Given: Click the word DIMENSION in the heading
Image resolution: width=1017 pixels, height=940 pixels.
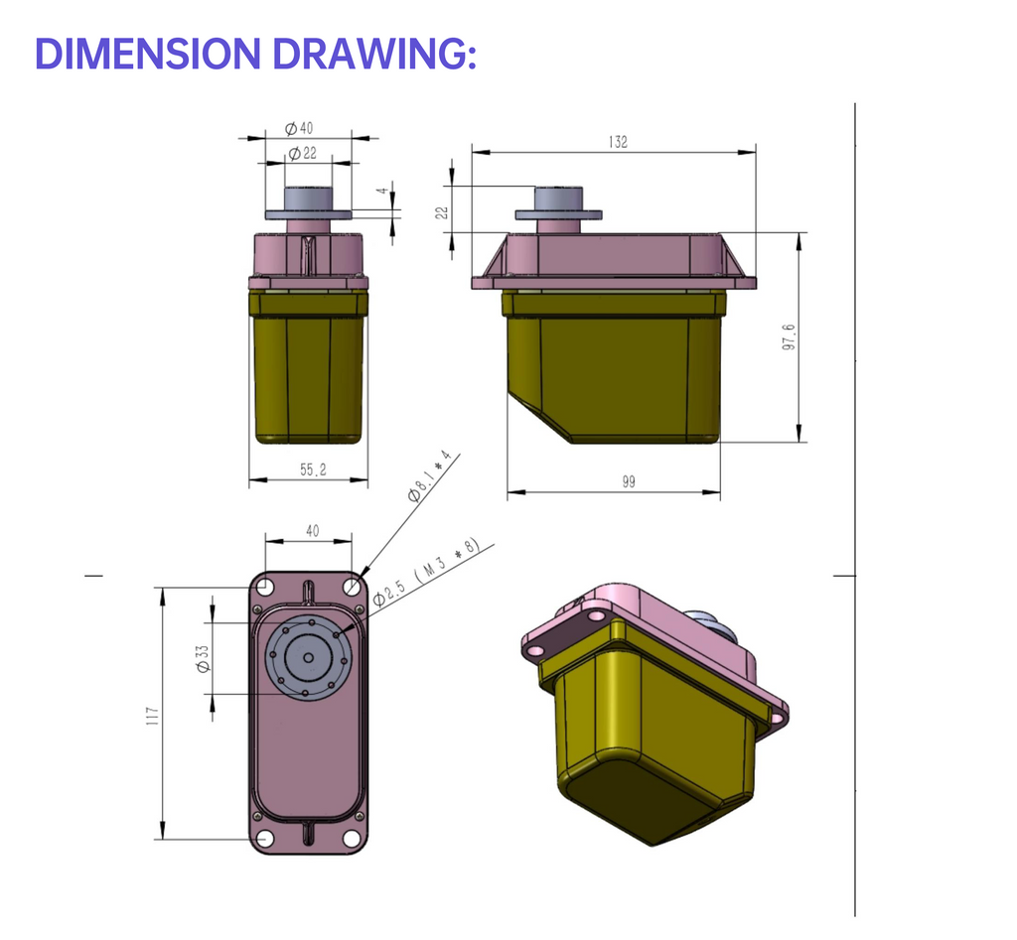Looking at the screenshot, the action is (148, 54).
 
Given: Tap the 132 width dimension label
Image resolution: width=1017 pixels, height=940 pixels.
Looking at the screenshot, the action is (618, 142).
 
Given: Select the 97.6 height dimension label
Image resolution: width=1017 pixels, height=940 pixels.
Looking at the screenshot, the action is (789, 337).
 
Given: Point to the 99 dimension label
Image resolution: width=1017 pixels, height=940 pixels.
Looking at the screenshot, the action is (629, 481).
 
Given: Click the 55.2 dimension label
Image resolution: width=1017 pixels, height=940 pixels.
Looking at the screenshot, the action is (313, 470).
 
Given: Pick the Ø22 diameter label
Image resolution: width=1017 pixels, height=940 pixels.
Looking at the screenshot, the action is (302, 153).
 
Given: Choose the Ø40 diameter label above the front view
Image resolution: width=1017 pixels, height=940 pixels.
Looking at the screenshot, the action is (298, 128).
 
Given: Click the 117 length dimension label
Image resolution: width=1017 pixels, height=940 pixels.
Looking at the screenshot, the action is (152, 716).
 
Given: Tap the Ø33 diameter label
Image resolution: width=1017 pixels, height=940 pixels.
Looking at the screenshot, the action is (203, 659).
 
